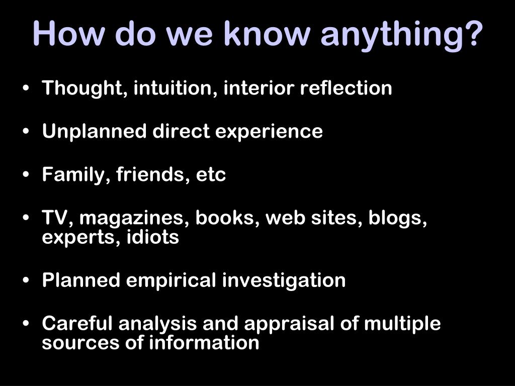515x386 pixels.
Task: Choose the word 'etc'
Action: tap(211, 175)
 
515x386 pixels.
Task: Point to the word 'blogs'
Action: tap(397, 219)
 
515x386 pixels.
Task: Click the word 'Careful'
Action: tap(77, 324)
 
